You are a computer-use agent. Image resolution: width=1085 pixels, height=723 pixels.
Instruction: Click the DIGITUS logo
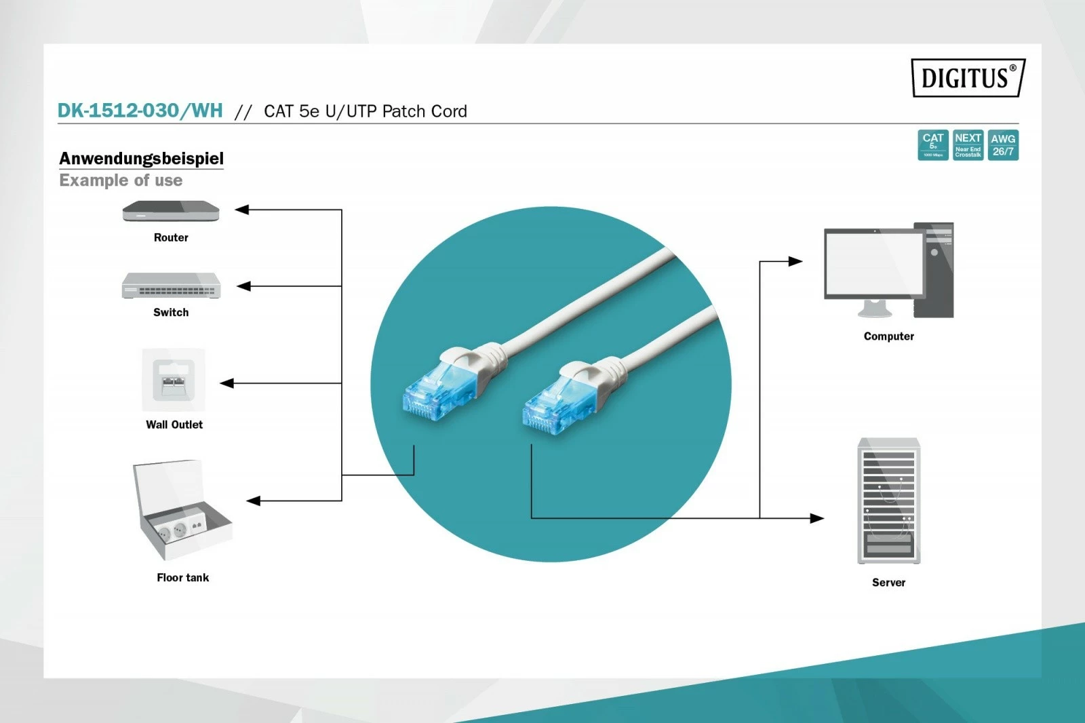click(x=968, y=78)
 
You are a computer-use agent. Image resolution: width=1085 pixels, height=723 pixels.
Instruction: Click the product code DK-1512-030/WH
click(x=140, y=111)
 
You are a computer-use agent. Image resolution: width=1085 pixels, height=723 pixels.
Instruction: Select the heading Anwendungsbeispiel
click(x=141, y=158)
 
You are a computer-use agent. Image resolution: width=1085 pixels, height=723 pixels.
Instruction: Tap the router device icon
click(x=171, y=212)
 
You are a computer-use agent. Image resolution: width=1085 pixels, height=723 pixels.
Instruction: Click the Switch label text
click(x=171, y=312)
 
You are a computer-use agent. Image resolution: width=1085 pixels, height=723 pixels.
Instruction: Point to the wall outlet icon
click(x=173, y=380)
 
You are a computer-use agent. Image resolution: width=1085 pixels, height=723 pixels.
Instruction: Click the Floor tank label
click(x=182, y=577)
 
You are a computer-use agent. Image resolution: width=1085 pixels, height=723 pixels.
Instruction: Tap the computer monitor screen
click(x=873, y=263)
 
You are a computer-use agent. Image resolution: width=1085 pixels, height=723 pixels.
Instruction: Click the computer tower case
click(x=934, y=270)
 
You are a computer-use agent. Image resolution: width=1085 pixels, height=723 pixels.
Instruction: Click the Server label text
click(x=888, y=582)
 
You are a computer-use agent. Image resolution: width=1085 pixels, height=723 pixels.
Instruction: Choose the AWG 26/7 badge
click(x=1003, y=145)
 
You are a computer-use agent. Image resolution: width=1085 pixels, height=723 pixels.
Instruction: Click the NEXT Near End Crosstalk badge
click(x=968, y=145)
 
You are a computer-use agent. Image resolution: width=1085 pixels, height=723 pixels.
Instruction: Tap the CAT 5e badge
click(x=932, y=145)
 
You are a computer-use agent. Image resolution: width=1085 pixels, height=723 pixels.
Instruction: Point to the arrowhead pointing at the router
click(x=242, y=210)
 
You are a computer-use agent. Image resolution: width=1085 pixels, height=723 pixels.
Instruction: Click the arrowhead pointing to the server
click(x=817, y=518)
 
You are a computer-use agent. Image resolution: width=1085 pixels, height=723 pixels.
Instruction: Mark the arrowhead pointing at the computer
click(x=795, y=261)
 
